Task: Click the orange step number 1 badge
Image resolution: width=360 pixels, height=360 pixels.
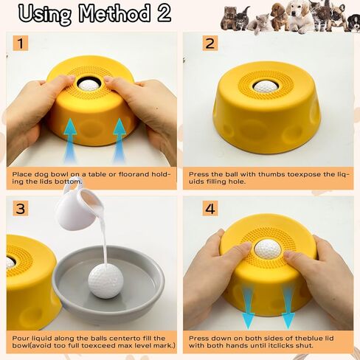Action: coord(21,43)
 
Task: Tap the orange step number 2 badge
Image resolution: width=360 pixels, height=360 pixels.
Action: coord(210,44)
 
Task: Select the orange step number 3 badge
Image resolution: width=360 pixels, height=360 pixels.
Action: coord(21,209)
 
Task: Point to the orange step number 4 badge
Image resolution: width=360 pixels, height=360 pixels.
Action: coord(210,209)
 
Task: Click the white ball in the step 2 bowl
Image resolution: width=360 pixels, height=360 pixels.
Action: coord(266,86)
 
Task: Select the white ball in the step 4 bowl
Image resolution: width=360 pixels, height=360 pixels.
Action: coord(268,249)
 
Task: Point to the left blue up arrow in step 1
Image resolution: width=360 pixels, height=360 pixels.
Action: coord(70,140)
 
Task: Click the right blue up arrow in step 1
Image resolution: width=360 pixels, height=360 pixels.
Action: coord(120,140)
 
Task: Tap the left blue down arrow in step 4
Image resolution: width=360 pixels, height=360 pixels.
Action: coord(248,306)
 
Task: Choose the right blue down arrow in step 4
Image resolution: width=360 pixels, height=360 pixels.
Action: coord(288,306)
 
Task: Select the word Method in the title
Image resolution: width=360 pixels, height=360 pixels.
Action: coord(114,13)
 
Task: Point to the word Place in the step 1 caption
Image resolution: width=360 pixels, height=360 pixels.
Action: coord(22,174)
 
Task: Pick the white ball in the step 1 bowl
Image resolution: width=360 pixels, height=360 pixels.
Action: coord(89,85)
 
